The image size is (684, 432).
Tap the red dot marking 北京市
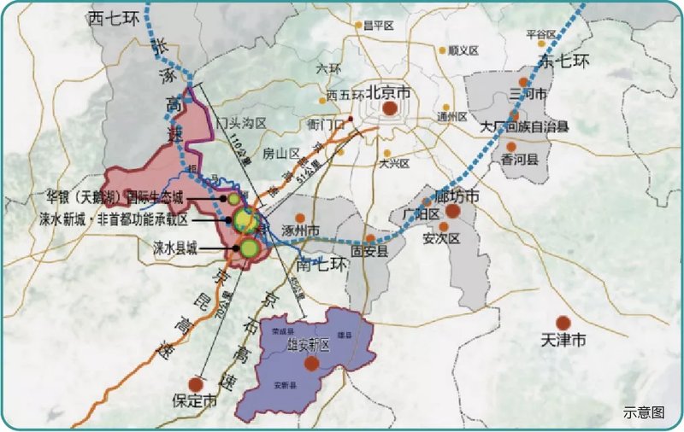coord(390,108)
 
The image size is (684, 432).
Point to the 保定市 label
coord(196,400)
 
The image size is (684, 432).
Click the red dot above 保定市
coord(198,382)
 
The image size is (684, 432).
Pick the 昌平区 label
coord(377,26)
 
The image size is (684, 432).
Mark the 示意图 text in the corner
coord(644,412)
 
